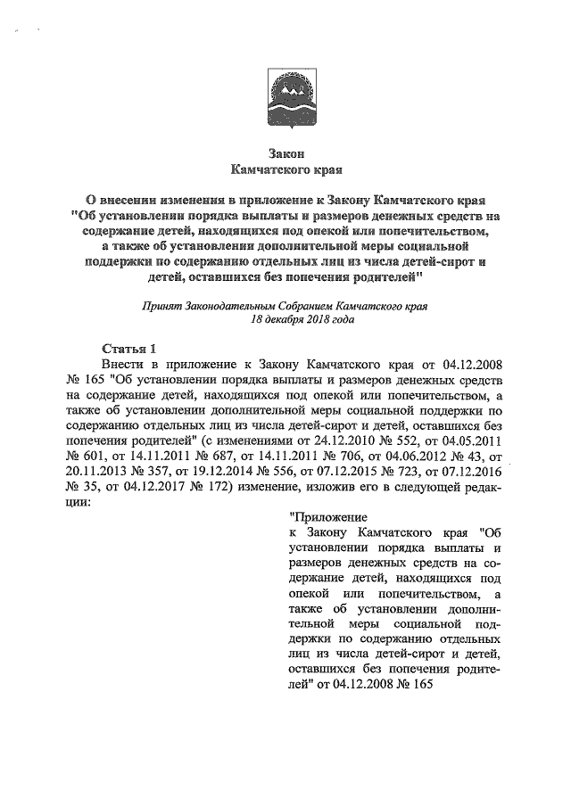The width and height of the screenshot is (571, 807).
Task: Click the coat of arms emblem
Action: click(285, 95)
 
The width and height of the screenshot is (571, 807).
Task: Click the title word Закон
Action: click(285, 152)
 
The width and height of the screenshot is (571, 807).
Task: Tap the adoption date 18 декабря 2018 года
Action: click(285, 318)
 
